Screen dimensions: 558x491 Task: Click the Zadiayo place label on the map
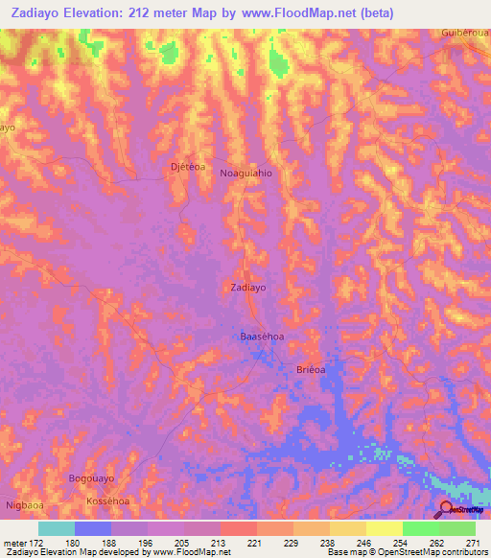248,287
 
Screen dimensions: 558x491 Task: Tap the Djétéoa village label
187,166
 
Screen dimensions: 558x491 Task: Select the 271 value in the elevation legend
474,542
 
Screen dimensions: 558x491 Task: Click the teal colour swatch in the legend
57,528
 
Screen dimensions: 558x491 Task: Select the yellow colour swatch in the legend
384,528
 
